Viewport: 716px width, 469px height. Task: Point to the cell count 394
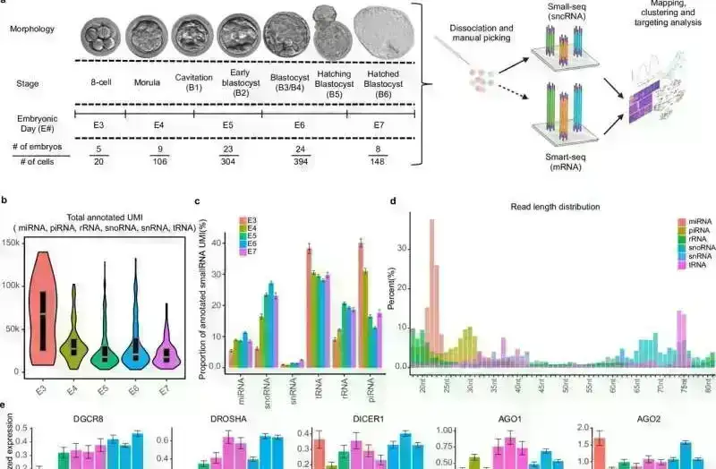294,161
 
